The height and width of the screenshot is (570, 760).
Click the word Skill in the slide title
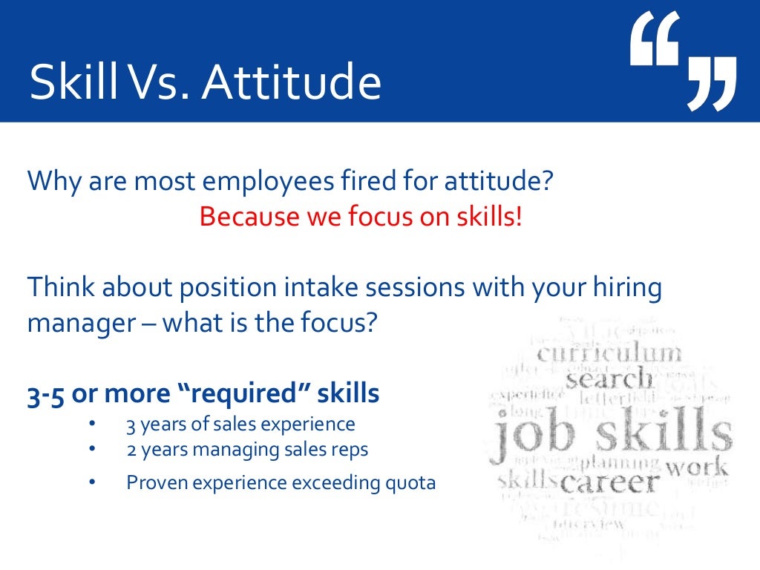click(x=73, y=83)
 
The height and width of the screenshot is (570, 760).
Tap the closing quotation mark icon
click(x=711, y=83)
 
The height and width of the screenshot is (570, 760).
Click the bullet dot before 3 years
click(x=92, y=425)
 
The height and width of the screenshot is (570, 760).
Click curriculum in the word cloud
click(x=608, y=353)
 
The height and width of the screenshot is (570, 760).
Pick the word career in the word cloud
click(x=609, y=482)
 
